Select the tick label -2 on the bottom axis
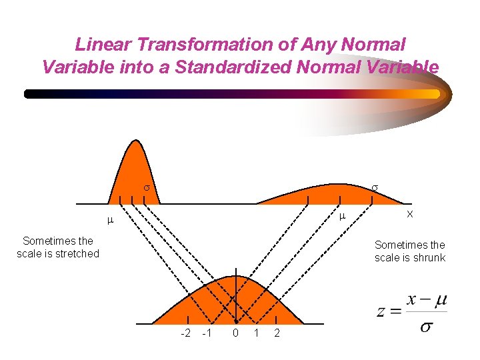tap(187, 333)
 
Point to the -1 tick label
tap(207, 333)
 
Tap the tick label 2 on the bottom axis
tap(277, 333)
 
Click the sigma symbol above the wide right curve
tap(375, 189)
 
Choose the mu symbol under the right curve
tap(341, 217)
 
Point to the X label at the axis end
tap(410, 214)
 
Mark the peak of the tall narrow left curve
tap(136, 141)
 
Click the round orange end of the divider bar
tap(436, 94)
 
